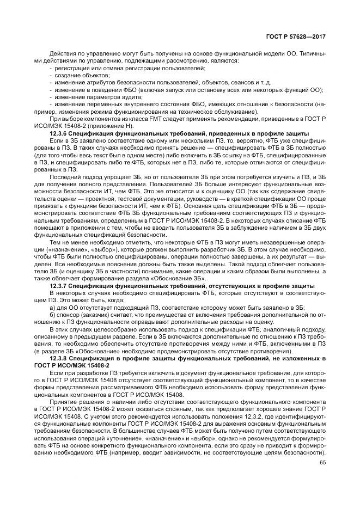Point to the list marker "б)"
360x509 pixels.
[x=52, y=315]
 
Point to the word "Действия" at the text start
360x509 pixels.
[x=63, y=52]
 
